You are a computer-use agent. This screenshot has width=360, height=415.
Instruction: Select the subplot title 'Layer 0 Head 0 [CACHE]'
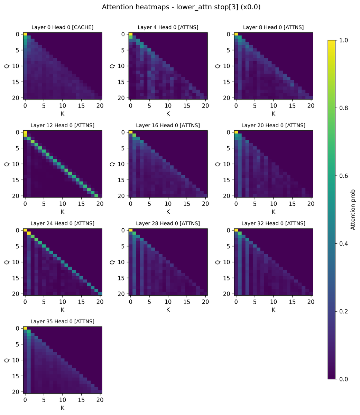[63, 27]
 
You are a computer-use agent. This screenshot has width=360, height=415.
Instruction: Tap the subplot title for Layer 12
[63, 125]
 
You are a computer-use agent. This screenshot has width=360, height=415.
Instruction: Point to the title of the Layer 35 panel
[63, 321]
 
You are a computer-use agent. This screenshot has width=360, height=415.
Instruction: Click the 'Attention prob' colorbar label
[353, 210]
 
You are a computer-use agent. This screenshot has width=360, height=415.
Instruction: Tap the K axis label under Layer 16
[168, 212]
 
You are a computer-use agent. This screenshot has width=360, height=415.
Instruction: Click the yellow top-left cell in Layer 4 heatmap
[130, 34]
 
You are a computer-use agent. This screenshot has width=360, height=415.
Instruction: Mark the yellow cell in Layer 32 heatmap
[236, 230]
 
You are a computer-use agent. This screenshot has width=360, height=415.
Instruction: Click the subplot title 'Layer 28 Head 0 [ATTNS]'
[168, 223]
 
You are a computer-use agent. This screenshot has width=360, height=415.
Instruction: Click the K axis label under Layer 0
[63, 113]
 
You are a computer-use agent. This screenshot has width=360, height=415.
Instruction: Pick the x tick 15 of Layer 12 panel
[81, 203]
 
